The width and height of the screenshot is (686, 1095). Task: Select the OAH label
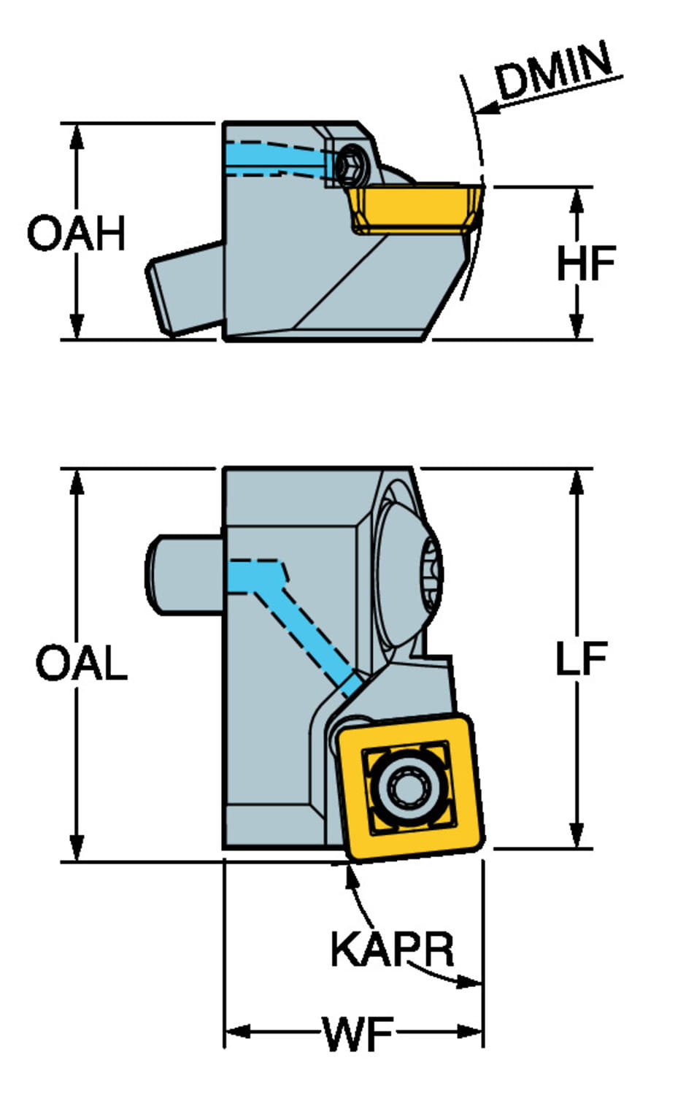click(76, 234)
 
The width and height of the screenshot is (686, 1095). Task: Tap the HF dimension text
click(585, 264)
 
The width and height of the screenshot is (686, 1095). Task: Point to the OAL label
click(81, 664)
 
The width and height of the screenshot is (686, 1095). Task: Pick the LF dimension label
click(581, 659)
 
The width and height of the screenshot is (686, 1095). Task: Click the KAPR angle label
click(392, 949)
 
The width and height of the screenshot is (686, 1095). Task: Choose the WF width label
click(358, 1034)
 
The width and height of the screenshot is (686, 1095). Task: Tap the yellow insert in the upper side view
click(413, 207)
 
